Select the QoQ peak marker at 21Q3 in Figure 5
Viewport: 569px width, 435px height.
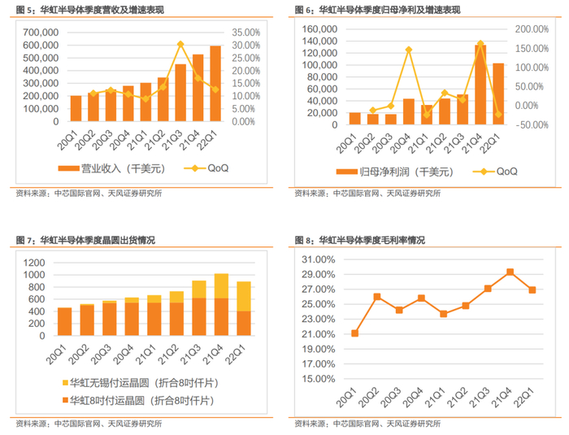[180, 44]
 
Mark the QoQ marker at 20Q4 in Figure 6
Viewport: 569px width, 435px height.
[409, 50]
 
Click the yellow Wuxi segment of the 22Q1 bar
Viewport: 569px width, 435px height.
[242, 296]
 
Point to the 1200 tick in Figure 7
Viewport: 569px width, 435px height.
[37, 262]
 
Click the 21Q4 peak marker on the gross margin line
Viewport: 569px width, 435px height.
[510, 272]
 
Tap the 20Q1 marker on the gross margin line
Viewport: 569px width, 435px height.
[355, 333]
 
